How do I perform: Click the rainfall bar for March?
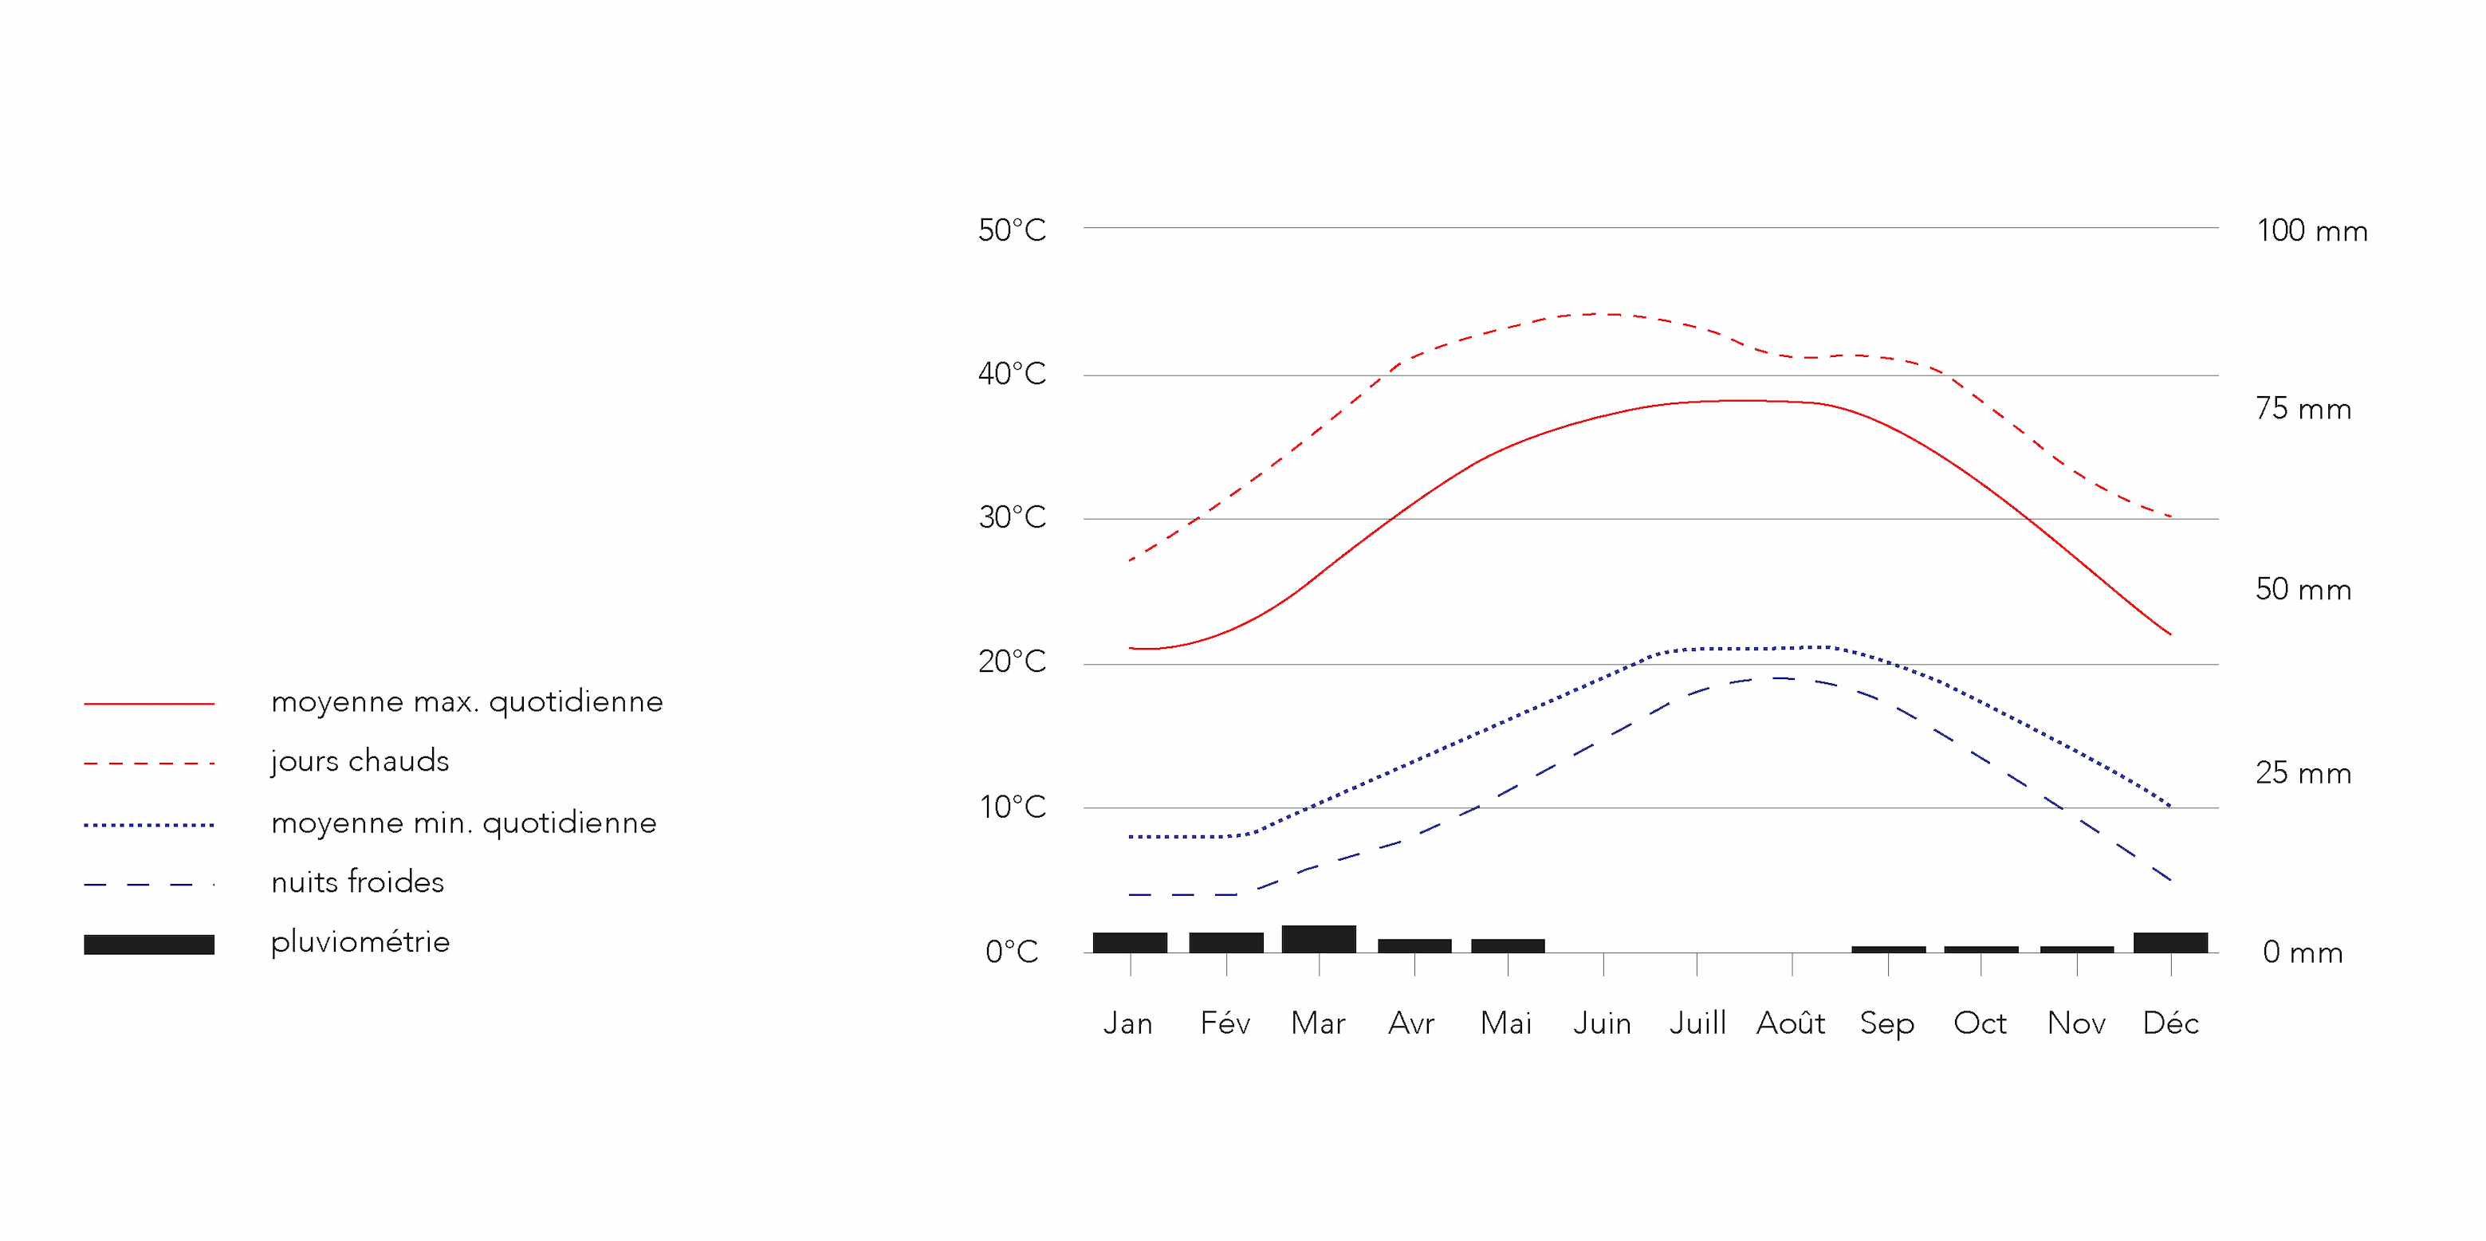1318,939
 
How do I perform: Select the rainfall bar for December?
2170,943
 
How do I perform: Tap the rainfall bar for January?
1130,943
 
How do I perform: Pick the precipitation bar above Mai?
1508,946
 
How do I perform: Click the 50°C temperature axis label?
1012,230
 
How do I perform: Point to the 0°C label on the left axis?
1012,952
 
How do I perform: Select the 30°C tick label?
1012,518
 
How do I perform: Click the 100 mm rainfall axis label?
2311,232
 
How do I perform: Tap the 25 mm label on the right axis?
2303,773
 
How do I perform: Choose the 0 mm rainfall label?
2303,952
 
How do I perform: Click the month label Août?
1790,1023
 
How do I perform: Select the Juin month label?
1602,1023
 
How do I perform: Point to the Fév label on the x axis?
1225,1023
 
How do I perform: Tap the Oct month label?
1980,1023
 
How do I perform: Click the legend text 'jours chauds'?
360,761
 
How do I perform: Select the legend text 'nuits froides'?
357,882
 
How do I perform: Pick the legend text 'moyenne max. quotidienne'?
467,701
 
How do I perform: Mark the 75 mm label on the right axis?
2303,409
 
